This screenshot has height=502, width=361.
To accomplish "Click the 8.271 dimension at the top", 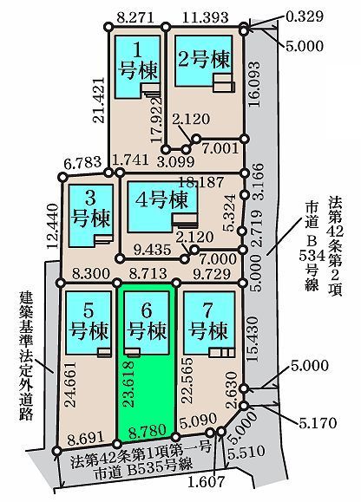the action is pos(135,17).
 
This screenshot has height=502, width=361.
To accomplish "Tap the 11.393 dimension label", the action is pos(206,17).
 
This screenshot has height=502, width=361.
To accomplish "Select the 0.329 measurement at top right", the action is pos(305,16).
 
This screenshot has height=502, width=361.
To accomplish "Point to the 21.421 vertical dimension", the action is pos(99,100).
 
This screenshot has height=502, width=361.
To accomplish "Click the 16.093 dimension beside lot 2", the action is pos(255,84).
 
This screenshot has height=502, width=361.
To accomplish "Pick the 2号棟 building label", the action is pos(204,59).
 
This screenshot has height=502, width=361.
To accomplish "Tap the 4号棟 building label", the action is pos(161,200).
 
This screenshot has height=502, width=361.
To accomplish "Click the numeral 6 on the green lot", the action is pos(147,310).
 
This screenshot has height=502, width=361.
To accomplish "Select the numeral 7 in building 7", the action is pos(207,310).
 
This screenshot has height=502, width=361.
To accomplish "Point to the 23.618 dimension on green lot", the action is pos(128,384).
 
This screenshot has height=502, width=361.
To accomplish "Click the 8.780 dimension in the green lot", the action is pos(148,431).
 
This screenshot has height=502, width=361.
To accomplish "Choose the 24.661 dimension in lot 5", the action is pos(70,384).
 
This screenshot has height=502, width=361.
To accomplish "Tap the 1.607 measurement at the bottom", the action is pos(206,481).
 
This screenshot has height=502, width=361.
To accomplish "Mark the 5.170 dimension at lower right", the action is pos(318,423).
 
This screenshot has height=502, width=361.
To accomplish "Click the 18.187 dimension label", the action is pos(200,182).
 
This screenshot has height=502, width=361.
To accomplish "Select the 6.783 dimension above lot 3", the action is pos(82,162).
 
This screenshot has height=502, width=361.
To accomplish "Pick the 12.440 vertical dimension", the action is pos(53,225).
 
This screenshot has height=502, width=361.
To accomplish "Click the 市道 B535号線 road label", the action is pos(143,471).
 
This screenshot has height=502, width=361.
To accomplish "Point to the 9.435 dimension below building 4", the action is pos(152,250).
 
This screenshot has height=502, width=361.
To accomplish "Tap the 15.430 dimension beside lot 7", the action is pos(253,339).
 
